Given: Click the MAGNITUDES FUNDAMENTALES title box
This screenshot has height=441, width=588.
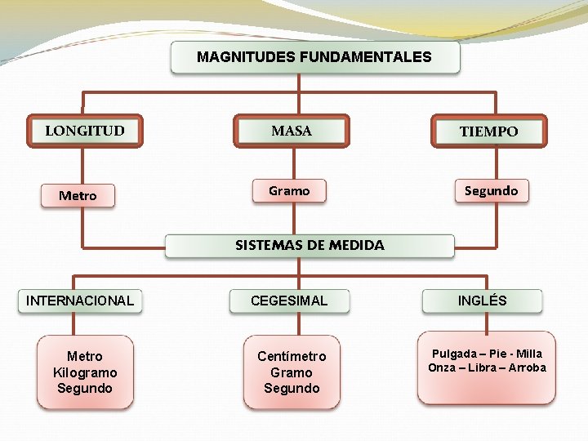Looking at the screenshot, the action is (x=314, y=57).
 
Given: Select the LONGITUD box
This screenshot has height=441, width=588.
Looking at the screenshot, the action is (x=85, y=131).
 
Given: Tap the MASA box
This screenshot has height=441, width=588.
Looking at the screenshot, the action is (x=292, y=131).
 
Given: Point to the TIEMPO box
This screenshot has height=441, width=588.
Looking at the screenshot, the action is (x=488, y=131).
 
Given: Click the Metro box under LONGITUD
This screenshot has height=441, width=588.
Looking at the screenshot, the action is (x=78, y=196).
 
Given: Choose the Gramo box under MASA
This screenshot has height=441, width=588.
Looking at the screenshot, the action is (x=289, y=191).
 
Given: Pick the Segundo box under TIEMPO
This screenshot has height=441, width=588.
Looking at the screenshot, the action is (x=491, y=191).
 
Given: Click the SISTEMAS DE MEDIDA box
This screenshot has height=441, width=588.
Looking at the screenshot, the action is (x=310, y=245).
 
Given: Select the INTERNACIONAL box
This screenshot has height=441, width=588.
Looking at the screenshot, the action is (x=80, y=301).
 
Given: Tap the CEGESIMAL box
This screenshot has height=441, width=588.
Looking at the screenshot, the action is (x=289, y=301).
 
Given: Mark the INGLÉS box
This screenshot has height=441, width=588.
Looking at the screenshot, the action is (x=482, y=301).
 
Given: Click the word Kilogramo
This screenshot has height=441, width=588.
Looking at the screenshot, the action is (x=85, y=372).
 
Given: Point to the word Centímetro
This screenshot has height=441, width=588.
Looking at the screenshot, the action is (x=292, y=356).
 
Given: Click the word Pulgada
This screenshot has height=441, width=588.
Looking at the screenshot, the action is (x=452, y=354).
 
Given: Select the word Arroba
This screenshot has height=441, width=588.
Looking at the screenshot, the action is (x=527, y=367).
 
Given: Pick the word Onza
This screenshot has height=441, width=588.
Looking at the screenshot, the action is (x=442, y=367).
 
